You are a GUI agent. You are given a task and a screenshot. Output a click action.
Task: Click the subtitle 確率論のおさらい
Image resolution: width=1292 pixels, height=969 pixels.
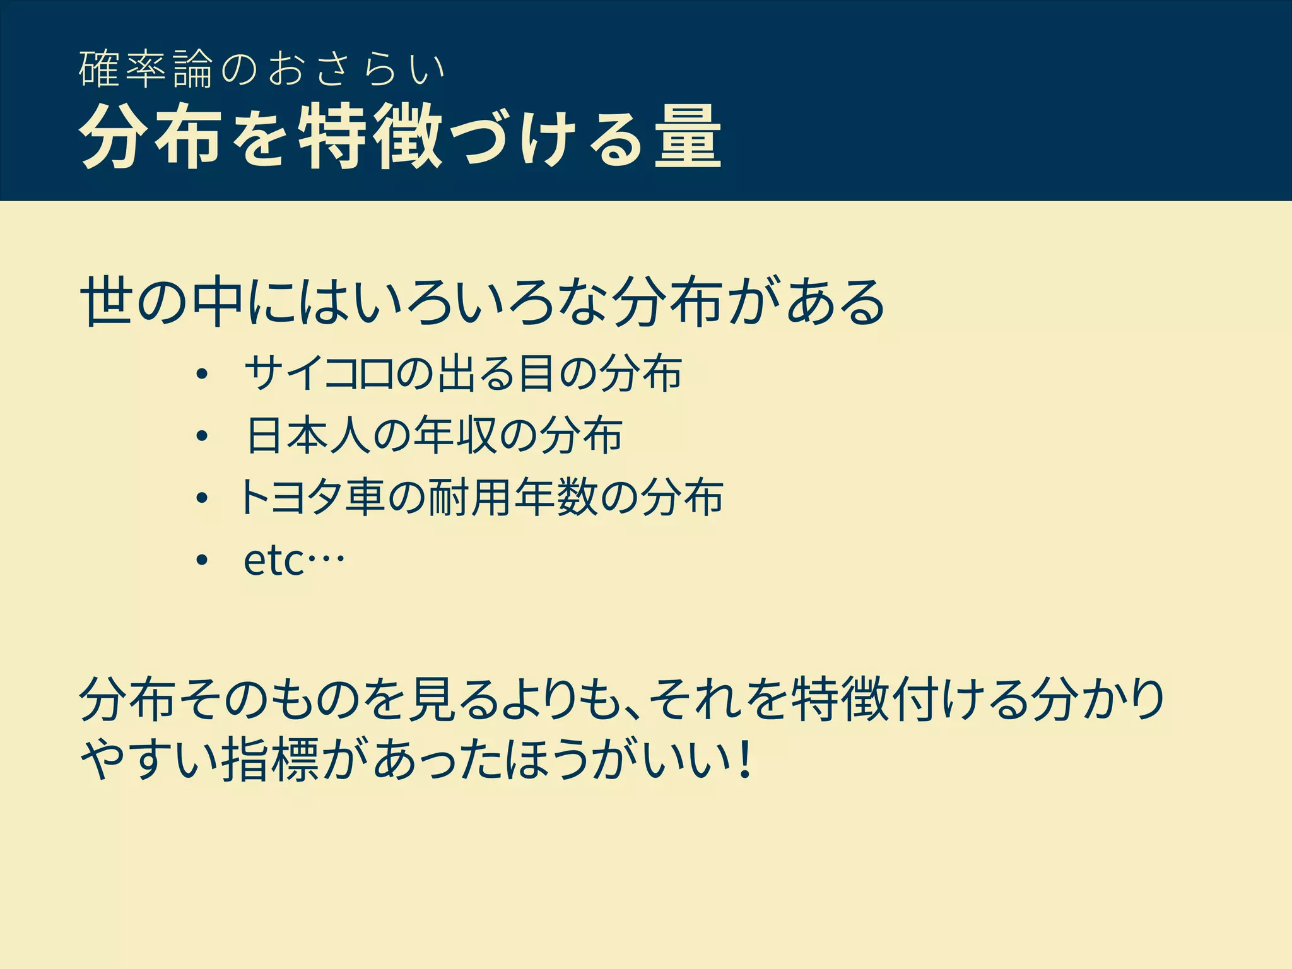click(x=262, y=69)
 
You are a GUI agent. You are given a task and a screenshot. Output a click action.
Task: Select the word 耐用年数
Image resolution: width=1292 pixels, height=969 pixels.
click(x=513, y=497)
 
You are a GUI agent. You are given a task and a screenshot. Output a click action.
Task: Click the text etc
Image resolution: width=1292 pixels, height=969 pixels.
click(x=274, y=560)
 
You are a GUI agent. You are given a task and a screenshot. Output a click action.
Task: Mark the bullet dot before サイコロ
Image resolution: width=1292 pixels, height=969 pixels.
click(x=201, y=374)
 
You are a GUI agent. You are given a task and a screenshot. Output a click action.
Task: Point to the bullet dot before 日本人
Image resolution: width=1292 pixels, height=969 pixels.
click(x=201, y=436)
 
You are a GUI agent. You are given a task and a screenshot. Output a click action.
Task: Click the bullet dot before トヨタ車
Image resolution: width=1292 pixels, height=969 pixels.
click(x=201, y=498)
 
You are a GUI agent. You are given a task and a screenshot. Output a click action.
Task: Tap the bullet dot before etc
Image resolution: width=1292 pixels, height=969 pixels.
click(x=201, y=560)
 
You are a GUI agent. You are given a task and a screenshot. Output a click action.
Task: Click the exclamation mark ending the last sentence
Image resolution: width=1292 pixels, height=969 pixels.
click(x=746, y=761)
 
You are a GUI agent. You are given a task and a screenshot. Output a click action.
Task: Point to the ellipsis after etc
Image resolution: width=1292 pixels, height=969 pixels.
click(x=326, y=559)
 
